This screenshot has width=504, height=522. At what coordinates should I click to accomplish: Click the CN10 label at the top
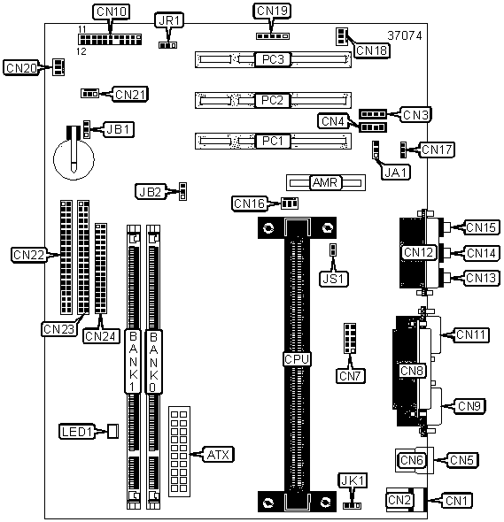(x=111, y=12)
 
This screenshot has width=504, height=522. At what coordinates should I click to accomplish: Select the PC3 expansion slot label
(x=273, y=59)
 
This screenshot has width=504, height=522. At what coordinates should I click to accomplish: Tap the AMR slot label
(x=325, y=182)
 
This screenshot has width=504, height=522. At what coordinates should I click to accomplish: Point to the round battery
(x=74, y=159)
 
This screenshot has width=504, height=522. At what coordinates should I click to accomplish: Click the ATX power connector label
(x=218, y=455)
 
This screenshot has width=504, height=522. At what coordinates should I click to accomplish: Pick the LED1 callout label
(x=77, y=432)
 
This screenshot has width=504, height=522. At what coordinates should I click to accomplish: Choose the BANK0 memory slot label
(x=153, y=362)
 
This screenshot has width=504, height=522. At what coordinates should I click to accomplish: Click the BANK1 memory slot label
(x=133, y=362)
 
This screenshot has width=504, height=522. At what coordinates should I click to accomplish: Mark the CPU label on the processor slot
(x=297, y=359)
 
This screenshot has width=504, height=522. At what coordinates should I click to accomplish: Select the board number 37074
(x=404, y=35)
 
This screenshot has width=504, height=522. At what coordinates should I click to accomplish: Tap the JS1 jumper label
(x=334, y=279)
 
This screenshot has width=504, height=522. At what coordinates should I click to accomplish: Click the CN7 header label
(x=350, y=376)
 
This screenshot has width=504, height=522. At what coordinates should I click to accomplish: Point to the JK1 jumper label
(x=353, y=480)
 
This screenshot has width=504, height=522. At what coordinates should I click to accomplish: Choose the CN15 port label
(x=481, y=227)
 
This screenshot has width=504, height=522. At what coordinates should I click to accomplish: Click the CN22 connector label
(x=28, y=255)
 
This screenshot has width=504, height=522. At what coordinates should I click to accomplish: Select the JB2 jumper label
(x=151, y=192)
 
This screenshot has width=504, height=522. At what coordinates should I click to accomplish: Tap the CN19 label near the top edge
(x=272, y=11)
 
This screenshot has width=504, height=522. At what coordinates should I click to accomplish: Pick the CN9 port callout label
(x=469, y=406)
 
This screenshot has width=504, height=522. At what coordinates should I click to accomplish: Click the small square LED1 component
(x=112, y=431)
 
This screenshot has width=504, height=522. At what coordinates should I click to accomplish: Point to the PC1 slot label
(x=273, y=142)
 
